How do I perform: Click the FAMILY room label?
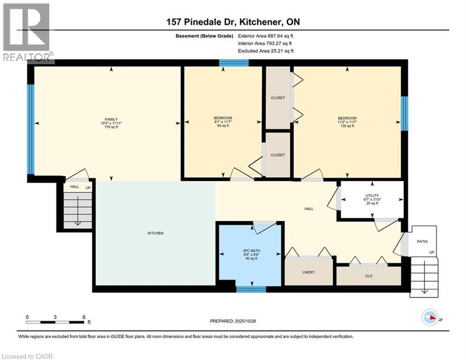coord(111,119)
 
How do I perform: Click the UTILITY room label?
coord(372,195)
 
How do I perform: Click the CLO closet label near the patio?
coord(369,276)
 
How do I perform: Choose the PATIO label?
coord(422,241)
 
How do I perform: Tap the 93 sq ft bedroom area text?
coord(223,127)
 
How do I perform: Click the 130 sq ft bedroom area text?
coord(347,127)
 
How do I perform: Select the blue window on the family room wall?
coord(30,129)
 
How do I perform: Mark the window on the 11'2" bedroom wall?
coord(404,113)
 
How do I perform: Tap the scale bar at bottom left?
coord(55,322)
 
